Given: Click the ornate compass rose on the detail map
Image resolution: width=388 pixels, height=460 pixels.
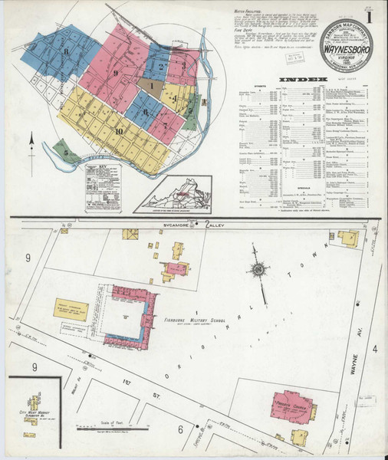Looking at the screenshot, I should click(259, 270).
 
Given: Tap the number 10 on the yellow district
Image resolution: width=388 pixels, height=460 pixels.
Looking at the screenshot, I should click(118, 131).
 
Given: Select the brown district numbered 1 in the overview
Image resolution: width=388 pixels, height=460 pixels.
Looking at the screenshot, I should click(152, 86).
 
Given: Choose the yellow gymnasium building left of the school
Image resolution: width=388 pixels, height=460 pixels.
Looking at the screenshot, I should click(72, 310).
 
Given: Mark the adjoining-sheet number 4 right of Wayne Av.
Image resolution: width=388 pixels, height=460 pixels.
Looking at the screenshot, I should click(376, 329).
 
